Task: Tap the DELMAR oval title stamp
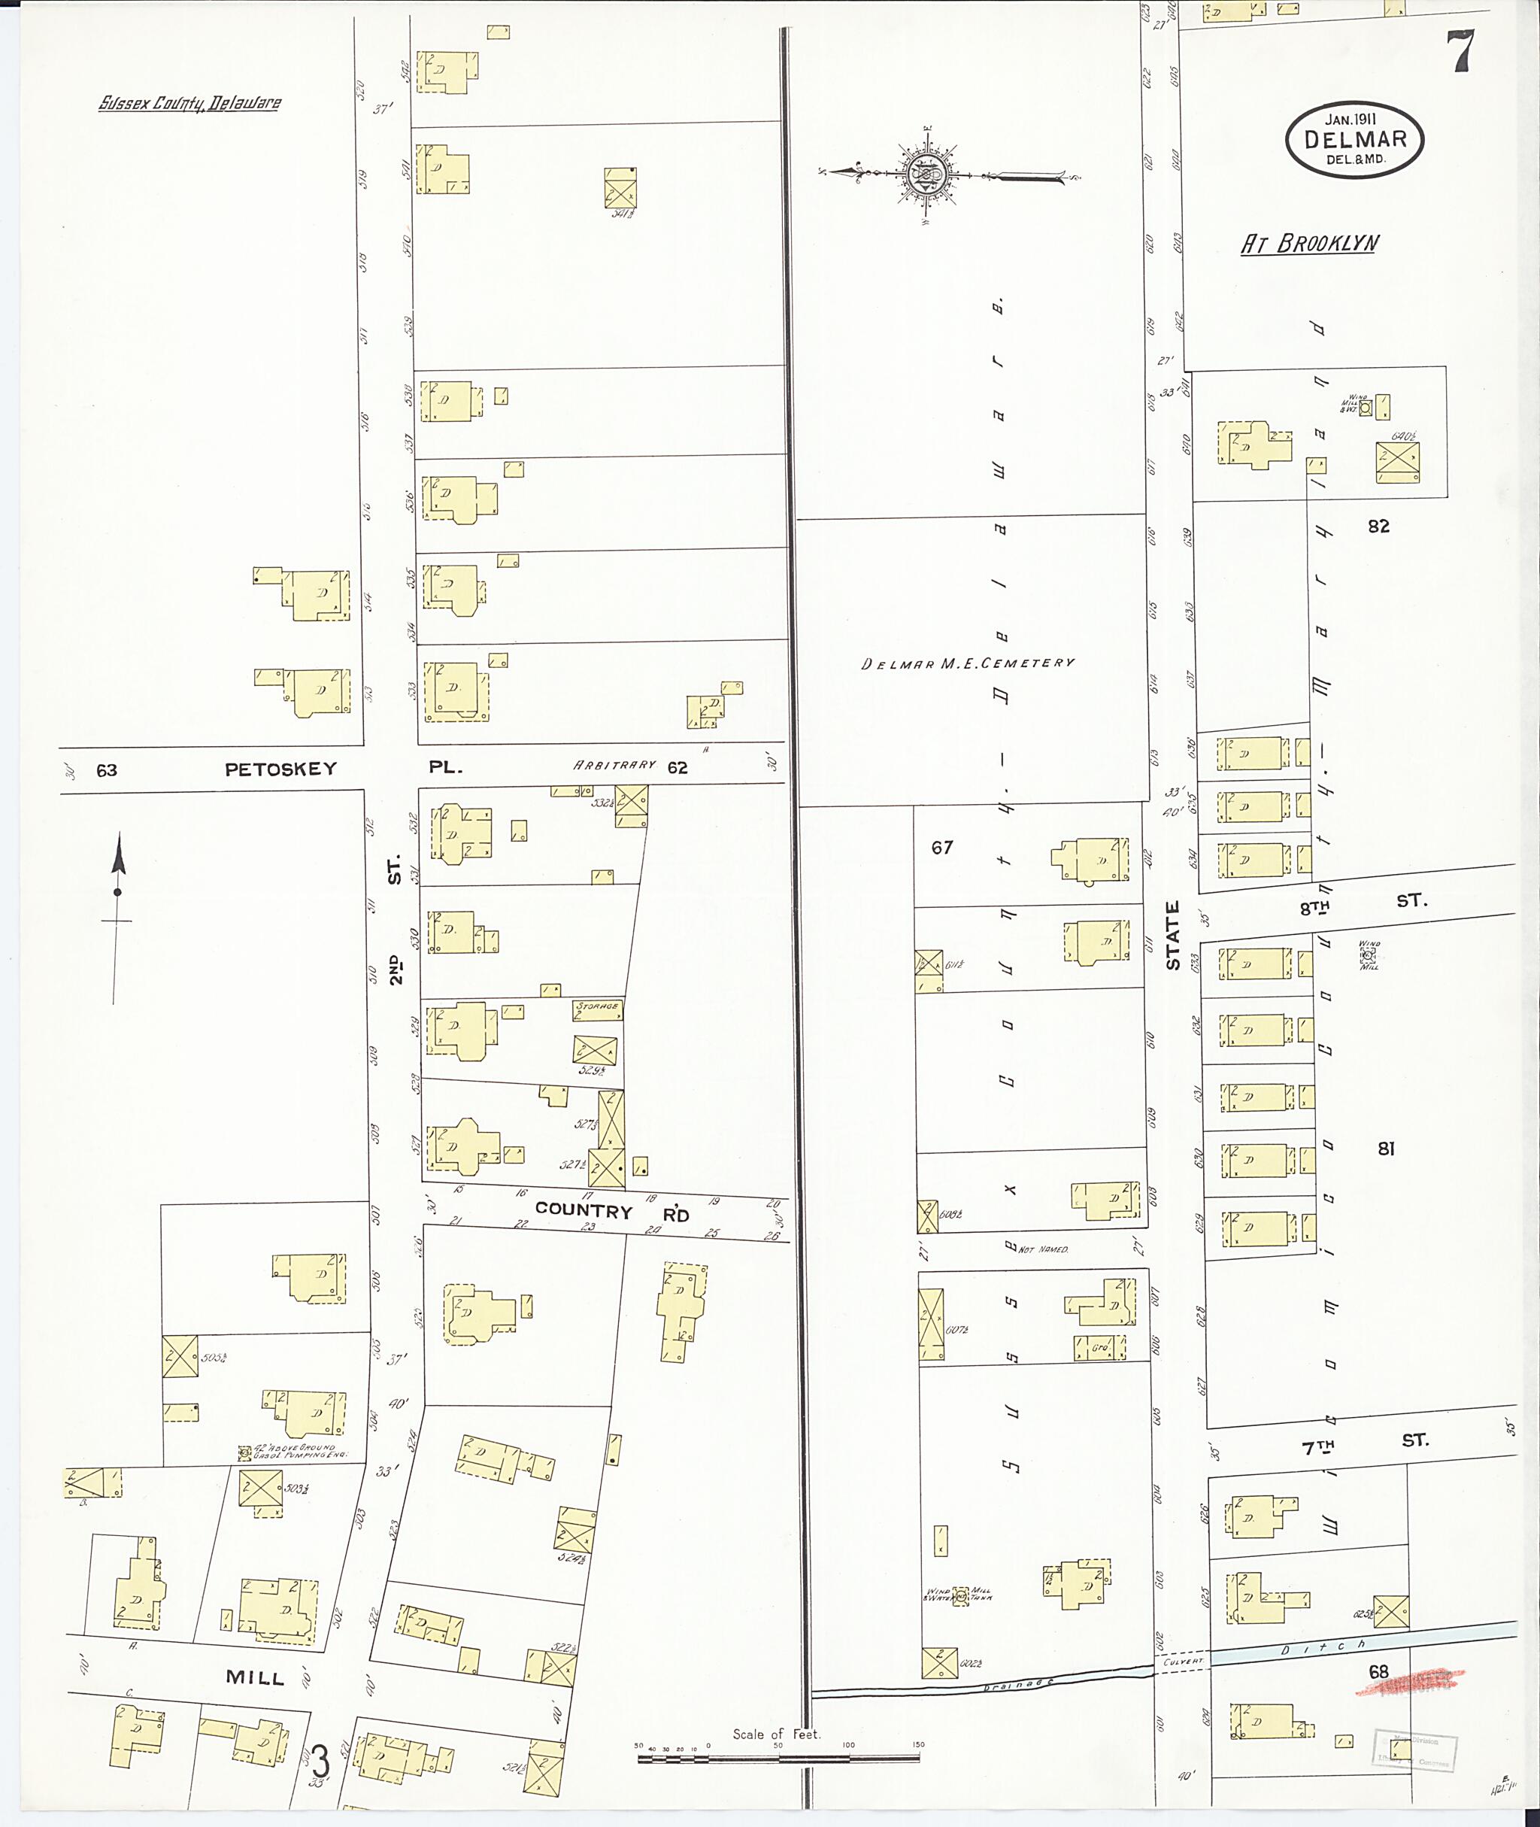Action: (1354, 140)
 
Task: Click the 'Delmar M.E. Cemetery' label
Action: (967, 663)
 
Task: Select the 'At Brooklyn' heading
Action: (1309, 244)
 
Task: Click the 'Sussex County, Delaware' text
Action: (189, 103)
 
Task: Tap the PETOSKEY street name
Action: (280, 769)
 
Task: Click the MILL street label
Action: (255, 1677)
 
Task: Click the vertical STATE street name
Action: (1172, 934)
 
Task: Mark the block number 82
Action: (1378, 526)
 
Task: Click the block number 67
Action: (941, 846)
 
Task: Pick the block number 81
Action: (1387, 1149)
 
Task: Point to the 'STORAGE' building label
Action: (597, 1006)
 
